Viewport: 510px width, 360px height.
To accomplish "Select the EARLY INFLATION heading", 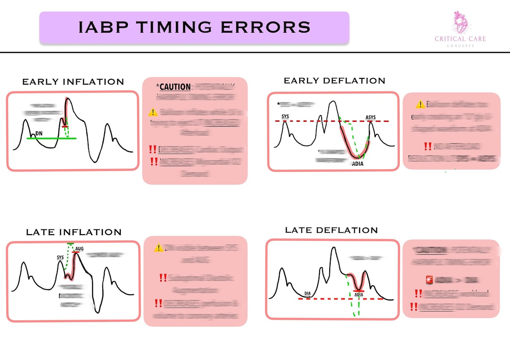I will coord(73,82).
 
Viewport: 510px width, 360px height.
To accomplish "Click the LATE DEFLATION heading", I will coord(331,230).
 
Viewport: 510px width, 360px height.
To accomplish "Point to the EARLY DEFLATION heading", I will coord(334,81).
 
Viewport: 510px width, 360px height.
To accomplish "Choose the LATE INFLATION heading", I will coord(73,232).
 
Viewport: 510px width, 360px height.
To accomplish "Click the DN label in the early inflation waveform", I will coord(39,133).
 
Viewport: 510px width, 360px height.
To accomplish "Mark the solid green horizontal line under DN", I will coord(51,138).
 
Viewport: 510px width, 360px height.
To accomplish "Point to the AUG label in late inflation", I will coord(79,249).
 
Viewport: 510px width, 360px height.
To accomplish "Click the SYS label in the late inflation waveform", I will coord(60,257).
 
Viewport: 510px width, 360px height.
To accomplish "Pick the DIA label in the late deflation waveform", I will coord(308,294).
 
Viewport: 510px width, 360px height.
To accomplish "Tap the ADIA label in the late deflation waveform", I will coord(359,295).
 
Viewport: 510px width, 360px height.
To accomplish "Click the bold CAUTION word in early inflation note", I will coord(175,86).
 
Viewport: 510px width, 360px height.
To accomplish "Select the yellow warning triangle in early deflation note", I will coord(420,104).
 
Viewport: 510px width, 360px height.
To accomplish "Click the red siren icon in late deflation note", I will coord(429,280).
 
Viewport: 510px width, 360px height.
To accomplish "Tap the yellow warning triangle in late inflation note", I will coord(158,248).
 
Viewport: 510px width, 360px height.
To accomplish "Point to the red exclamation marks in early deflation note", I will coord(428,146).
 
